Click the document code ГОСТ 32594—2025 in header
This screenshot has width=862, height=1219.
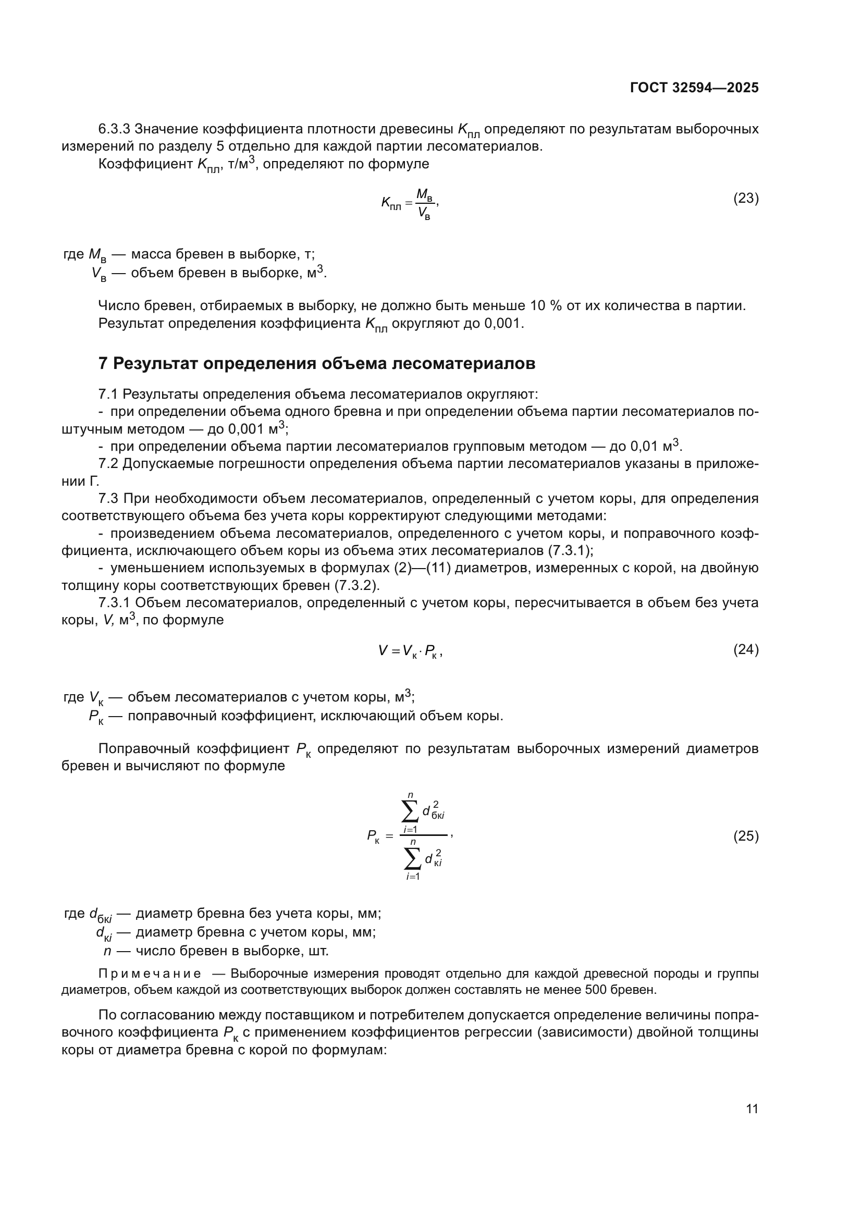click(x=694, y=88)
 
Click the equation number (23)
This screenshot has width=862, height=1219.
click(x=746, y=199)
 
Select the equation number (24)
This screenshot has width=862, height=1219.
click(x=746, y=650)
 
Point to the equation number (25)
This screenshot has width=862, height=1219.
click(x=746, y=836)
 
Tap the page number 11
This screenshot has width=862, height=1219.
click(x=752, y=1109)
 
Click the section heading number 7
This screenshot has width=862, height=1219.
click(x=103, y=364)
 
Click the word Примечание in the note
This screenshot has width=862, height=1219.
click(x=150, y=974)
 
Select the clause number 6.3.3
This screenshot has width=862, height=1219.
click(x=114, y=129)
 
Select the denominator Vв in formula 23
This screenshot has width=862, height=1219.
click(x=424, y=214)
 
